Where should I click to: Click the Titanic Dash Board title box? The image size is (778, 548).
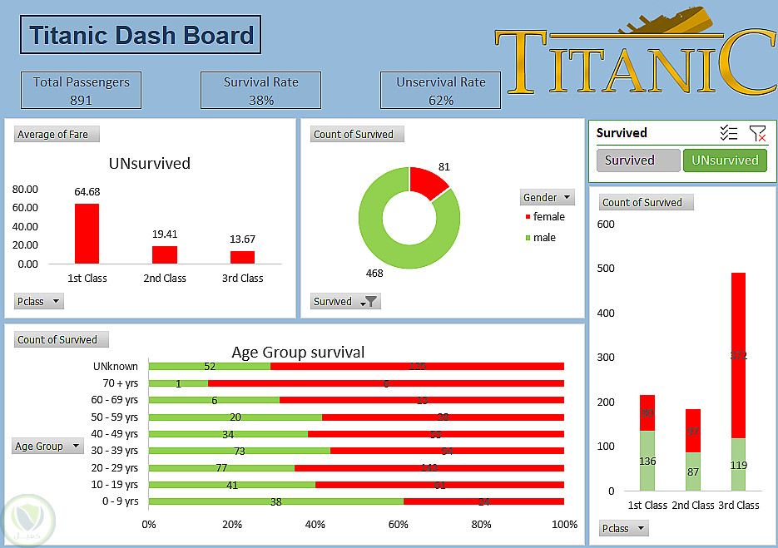click(x=141, y=36)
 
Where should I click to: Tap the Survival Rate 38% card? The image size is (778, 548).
click(x=260, y=91)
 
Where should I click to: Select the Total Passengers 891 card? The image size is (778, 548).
click(x=81, y=91)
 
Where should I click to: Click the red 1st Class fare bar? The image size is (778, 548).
click(x=87, y=234)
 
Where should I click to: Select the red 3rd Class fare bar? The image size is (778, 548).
click(x=242, y=257)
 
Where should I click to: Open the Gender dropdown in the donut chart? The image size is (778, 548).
click(x=548, y=197)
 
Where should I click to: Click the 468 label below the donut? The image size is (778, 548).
click(x=376, y=273)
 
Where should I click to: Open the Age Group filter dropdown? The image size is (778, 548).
click(x=48, y=447)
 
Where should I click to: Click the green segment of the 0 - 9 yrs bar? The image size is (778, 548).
click(x=275, y=501)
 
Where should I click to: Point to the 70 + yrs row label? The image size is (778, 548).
click(x=116, y=383)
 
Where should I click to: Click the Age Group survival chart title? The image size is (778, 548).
click(x=298, y=353)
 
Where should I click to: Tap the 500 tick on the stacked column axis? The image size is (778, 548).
click(x=606, y=269)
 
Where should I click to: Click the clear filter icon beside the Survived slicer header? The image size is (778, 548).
click(x=757, y=133)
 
